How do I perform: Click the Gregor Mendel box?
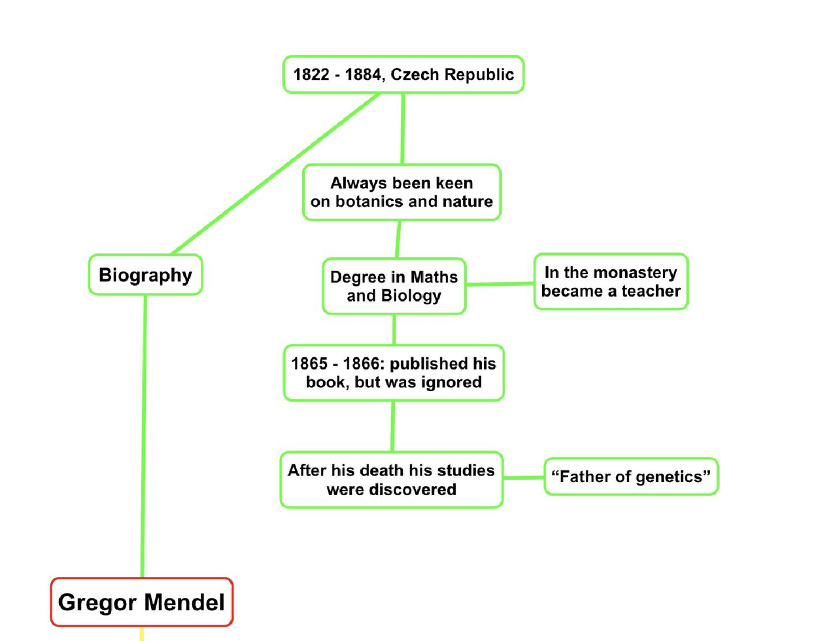point(142,602)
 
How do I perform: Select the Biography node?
point(145,275)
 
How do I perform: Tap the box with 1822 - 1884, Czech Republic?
point(403,75)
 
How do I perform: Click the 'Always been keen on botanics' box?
point(401,192)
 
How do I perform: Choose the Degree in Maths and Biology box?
point(394,286)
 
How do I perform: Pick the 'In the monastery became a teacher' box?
point(611,282)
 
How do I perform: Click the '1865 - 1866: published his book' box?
point(394,373)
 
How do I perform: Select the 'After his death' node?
point(391,479)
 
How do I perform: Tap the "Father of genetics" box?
point(631,477)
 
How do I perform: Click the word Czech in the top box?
point(415,75)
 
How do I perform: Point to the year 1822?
point(311,75)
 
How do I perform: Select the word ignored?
point(451,383)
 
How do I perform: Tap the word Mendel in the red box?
point(184,602)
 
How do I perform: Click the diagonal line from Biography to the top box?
point(275,174)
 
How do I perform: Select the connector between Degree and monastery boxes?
point(500,284)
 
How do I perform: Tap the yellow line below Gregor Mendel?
point(141,634)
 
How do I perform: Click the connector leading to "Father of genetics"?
point(524,478)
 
